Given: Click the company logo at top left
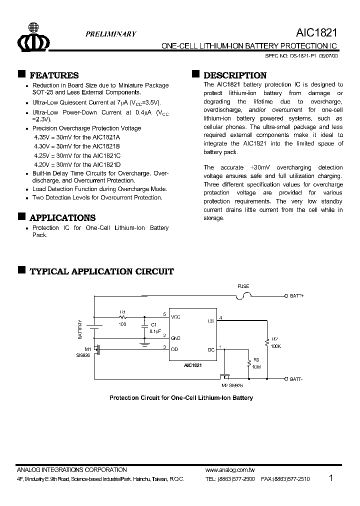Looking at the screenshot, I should click(33, 38).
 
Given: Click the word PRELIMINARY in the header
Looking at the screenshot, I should click(110, 34).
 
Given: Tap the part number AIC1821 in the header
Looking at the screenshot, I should click(316, 33).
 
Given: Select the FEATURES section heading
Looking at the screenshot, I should click(54, 75).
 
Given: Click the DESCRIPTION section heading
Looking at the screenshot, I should click(235, 75).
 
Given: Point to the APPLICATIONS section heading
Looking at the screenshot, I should click(62, 218).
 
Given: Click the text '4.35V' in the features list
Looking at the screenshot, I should click(42, 136).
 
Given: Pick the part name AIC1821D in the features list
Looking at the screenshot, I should click(106, 164).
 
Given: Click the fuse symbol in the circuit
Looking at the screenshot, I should click(243, 295).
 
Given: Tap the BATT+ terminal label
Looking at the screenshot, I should click(297, 296).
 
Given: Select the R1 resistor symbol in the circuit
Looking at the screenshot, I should click(123, 317).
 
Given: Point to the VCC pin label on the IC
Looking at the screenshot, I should click(175, 317).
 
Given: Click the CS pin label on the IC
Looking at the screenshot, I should click(211, 321).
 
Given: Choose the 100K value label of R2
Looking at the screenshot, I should click(276, 345).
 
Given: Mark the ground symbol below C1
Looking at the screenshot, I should click(144, 344).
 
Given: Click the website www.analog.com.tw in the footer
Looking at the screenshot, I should click(230, 470).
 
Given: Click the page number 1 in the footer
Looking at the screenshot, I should click(331, 478).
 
